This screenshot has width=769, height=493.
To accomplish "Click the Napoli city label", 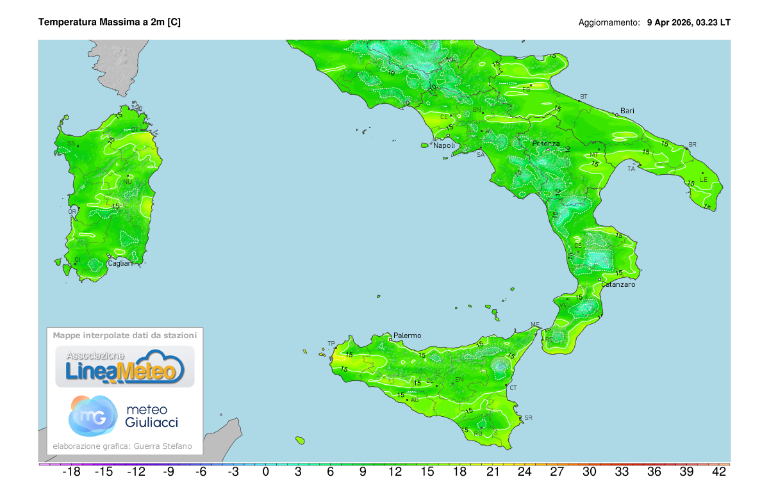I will pyautogui.click(x=444, y=145).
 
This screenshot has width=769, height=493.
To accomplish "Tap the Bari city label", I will pyautogui.click(x=627, y=111).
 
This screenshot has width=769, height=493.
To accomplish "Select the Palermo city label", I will pyautogui.click(x=407, y=335).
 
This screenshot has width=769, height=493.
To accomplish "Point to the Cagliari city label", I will pyautogui.click(x=120, y=263).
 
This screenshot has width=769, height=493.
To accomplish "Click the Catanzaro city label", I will pyautogui.click(x=618, y=284).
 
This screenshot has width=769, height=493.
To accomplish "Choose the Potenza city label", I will pyautogui.click(x=545, y=143).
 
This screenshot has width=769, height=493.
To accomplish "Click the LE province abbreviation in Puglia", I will pyautogui.click(x=703, y=180).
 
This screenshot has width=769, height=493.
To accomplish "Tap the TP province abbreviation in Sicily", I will pyautogui.click(x=331, y=344).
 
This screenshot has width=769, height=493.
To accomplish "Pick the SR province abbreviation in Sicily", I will pyautogui.click(x=528, y=418).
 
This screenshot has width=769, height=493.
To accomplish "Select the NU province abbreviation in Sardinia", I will pyautogui.click(x=127, y=181).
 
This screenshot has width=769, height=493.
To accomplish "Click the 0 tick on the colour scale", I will pyautogui.click(x=265, y=473).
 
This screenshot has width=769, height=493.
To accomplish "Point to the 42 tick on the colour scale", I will pyautogui.click(x=718, y=473).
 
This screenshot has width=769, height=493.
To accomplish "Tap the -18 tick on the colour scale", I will pyautogui.click(x=70, y=473).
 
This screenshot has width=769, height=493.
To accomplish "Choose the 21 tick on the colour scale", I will pyautogui.click(x=492, y=473).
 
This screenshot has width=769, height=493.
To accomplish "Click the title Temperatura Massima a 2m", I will pyautogui.click(x=109, y=22).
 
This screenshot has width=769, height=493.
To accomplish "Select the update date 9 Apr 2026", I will pyautogui.click(x=669, y=22).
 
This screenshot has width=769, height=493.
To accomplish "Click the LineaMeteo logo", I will pyautogui.click(x=125, y=367).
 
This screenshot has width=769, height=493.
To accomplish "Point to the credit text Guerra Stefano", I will pyautogui.click(x=169, y=446).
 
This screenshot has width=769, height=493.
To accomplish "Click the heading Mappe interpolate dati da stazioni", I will pyautogui.click(x=125, y=335).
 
